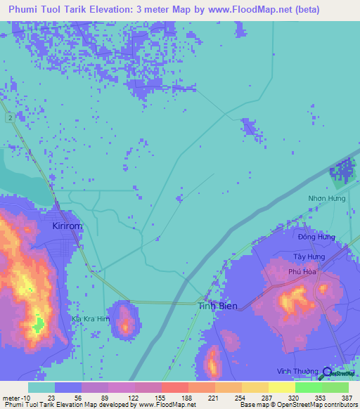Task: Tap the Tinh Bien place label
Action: coord(217,306)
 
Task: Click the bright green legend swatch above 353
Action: coord(308,387)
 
